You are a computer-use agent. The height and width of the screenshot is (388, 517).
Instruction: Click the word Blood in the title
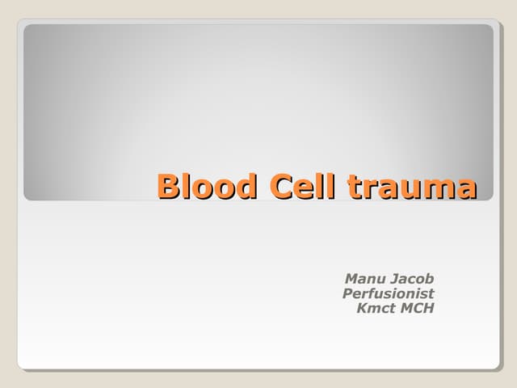(208, 186)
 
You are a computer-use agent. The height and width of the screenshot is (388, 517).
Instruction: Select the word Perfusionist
(389, 293)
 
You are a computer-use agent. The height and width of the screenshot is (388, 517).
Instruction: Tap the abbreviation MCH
(416, 308)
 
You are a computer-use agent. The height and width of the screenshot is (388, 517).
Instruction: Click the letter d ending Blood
(247, 186)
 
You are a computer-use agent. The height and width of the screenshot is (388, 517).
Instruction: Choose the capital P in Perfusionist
(348, 293)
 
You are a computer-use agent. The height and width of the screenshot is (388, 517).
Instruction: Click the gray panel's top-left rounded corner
(27, 28)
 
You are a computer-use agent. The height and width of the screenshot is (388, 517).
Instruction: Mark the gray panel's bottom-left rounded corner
(27, 196)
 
